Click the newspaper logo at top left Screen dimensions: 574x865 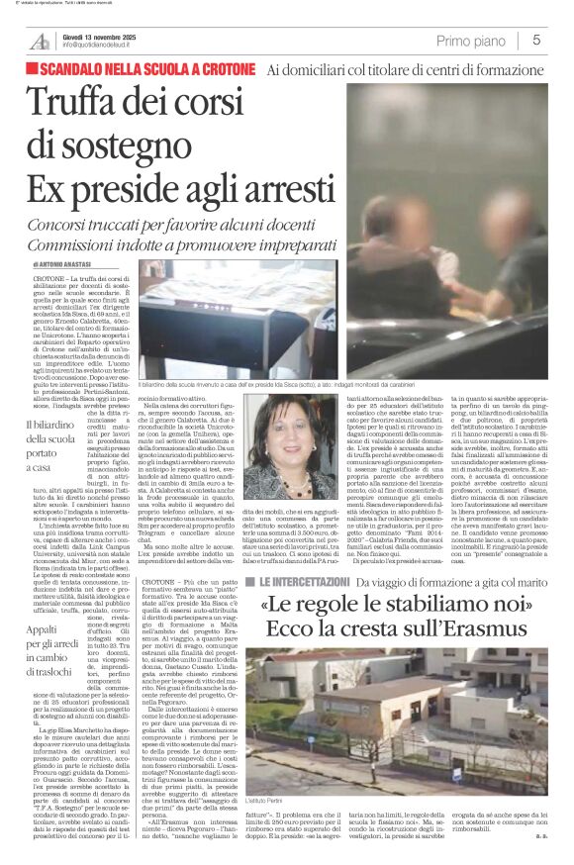point(39,41)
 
